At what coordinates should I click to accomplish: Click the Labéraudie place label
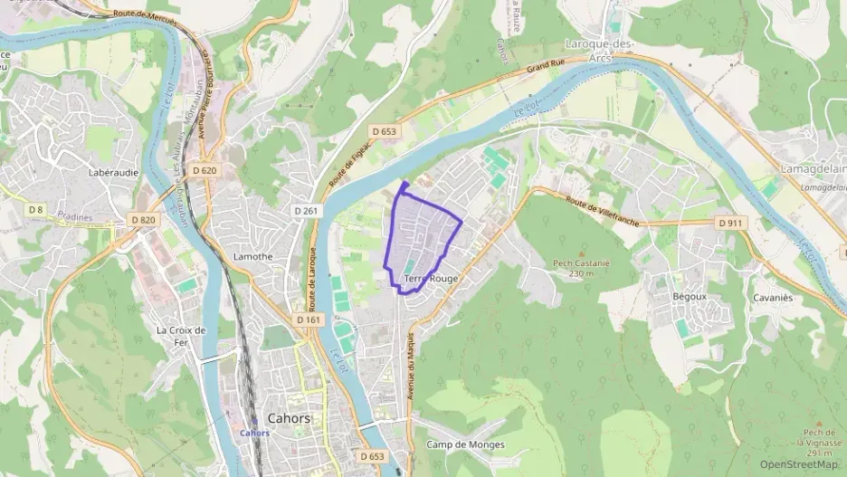113,172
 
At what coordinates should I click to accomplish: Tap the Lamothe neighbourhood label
253,256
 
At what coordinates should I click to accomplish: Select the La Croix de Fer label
182,336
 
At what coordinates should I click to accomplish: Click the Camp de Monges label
465,444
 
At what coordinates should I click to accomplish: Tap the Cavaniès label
772,297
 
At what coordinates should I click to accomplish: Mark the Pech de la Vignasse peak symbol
818,423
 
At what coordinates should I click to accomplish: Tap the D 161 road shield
309,320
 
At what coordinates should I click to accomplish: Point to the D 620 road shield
205,170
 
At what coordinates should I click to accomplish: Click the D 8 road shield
35,210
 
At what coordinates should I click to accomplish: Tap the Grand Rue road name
546,67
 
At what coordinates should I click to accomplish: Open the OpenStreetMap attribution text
799,464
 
